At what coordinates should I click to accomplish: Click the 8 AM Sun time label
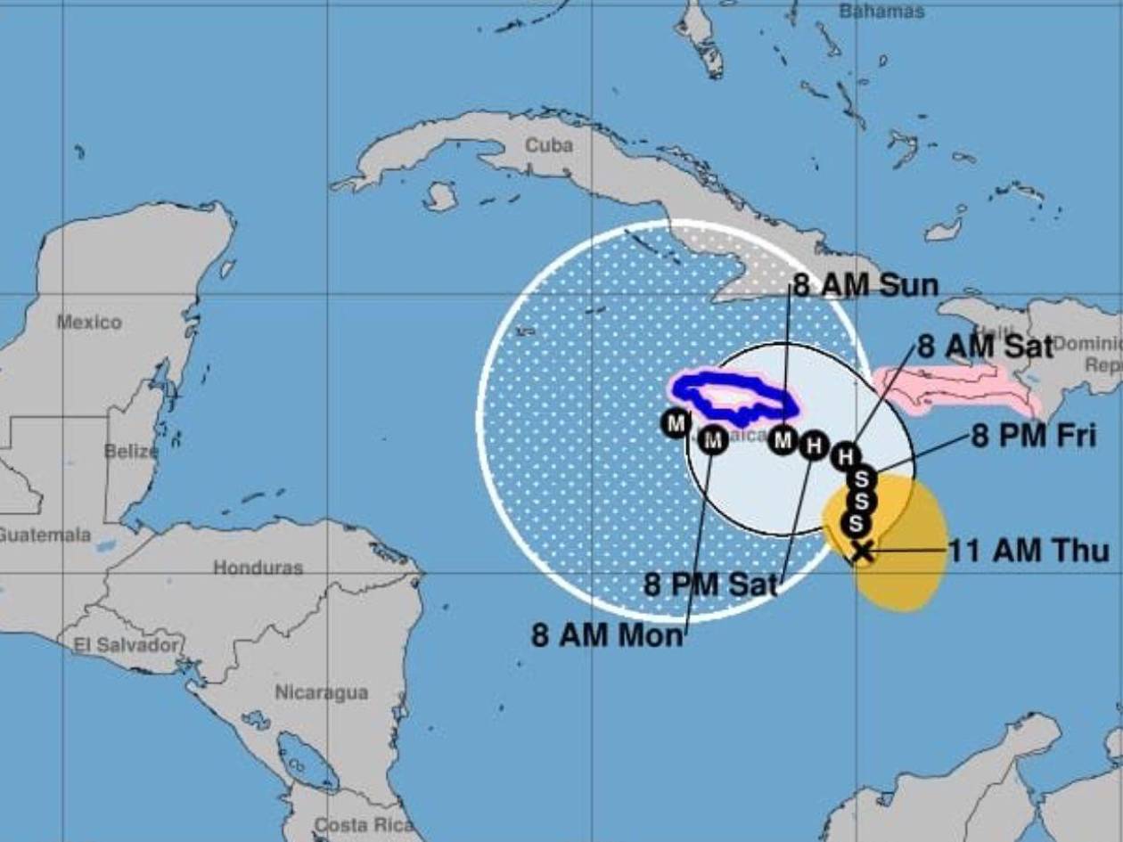(x=865, y=286)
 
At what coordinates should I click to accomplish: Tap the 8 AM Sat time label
(x=985, y=347)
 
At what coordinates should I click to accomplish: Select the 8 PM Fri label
(x=1034, y=437)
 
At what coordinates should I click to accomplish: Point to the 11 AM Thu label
(x=1029, y=552)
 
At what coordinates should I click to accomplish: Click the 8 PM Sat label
(x=710, y=584)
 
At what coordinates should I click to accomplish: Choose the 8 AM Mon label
(x=608, y=635)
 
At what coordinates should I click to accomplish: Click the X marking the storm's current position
(x=861, y=552)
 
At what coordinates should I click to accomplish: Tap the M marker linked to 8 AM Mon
(x=712, y=439)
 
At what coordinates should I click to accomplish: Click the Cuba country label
(x=548, y=144)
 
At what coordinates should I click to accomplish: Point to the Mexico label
(x=89, y=322)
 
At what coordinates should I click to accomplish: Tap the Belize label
(x=130, y=451)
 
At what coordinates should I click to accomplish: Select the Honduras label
(x=258, y=568)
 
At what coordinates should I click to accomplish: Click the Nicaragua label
(x=321, y=692)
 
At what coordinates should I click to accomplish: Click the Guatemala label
(x=45, y=535)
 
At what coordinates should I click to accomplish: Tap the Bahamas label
(x=881, y=12)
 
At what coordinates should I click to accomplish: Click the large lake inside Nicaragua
(x=307, y=762)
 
